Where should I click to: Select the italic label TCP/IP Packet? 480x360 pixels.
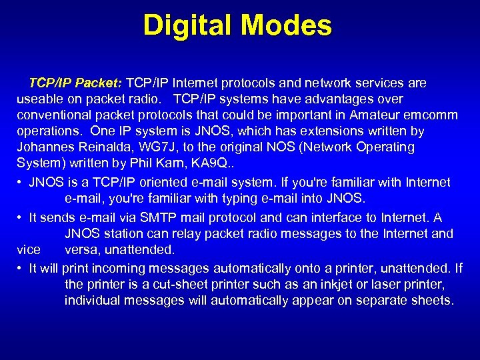(75, 83)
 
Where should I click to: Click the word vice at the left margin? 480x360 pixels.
(29, 250)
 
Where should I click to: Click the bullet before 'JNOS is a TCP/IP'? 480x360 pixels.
(21, 183)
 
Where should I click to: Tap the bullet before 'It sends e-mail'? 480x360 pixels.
(21, 218)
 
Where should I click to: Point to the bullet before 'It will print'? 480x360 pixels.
(21, 269)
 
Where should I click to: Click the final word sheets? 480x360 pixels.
(431, 301)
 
